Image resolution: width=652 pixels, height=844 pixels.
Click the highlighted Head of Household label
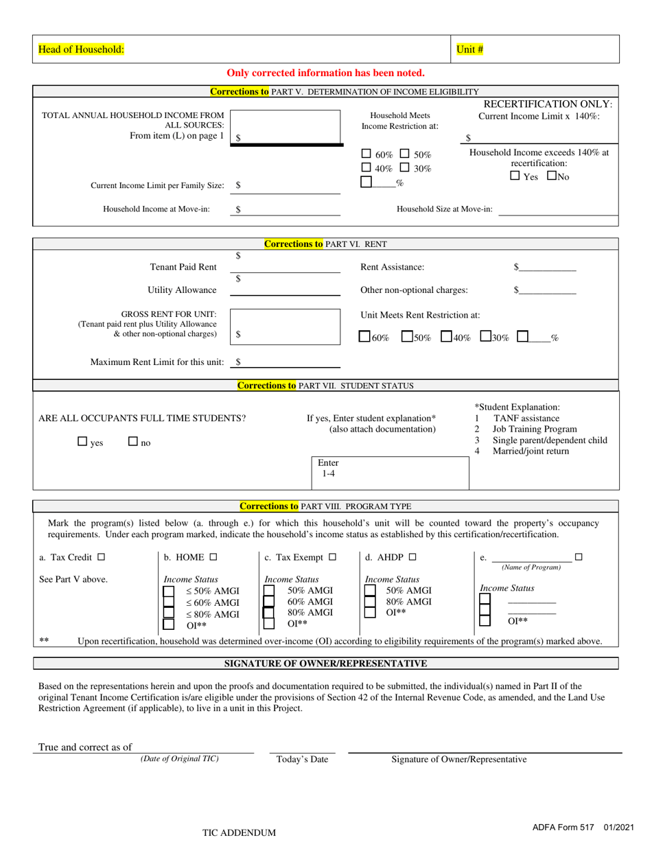point(81,49)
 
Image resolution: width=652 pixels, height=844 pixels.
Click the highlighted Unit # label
point(470,49)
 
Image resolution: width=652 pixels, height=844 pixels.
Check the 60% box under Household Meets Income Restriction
point(366,154)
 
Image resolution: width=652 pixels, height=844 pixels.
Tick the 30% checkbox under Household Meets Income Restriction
point(405,167)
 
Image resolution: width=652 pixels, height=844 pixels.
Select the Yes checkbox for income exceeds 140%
point(515,176)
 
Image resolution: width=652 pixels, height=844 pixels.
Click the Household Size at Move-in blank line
point(557,209)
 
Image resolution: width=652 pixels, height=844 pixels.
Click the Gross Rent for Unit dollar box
point(285,327)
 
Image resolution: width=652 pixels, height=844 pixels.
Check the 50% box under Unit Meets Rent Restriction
point(407,337)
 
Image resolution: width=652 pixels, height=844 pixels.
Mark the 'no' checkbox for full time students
point(134,442)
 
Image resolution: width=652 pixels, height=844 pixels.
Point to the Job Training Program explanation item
point(535,429)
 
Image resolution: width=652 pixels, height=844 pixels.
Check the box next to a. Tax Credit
point(102,557)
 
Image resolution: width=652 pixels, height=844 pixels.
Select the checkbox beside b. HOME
point(213,557)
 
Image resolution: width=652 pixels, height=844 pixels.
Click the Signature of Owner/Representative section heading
point(326,663)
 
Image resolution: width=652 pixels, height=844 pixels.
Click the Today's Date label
point(302,759)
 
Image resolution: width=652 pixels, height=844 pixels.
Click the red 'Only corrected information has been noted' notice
point(325,73)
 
